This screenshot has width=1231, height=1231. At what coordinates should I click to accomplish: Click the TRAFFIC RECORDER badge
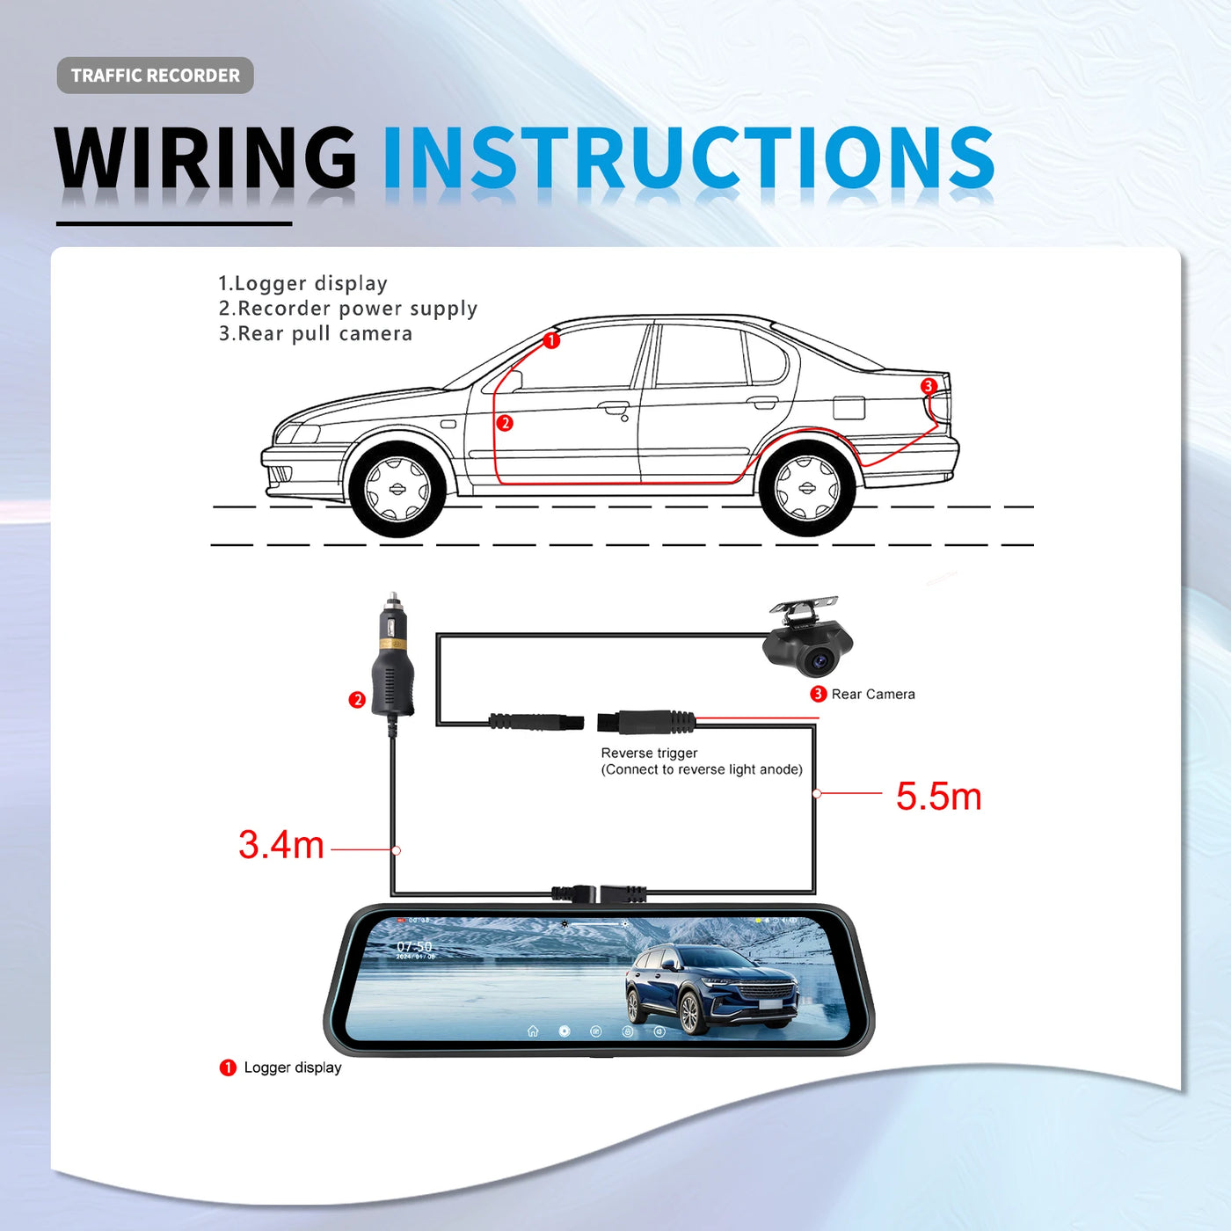coord(155,76)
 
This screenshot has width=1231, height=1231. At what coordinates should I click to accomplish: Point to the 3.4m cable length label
coord(281,845)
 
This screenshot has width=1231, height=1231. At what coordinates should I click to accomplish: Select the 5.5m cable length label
coord(938,797)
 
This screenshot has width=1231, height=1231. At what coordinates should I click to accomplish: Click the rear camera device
coord(807,640)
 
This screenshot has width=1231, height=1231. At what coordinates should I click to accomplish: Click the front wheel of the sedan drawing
coord(397,489)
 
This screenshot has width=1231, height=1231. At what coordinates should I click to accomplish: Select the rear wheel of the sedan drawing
coord(806,488)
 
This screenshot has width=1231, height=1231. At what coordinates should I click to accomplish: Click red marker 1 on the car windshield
coord(551,340)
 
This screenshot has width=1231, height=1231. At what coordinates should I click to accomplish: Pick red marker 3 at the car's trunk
coord(929,386)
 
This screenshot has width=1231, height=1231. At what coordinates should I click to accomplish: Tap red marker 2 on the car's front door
coord(505,423)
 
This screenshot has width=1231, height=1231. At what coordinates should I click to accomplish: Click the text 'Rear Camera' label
coord(873,695)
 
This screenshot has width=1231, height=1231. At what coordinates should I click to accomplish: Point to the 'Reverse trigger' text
coord(649,754)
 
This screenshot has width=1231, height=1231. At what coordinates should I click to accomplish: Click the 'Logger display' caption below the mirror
coord(293,1067)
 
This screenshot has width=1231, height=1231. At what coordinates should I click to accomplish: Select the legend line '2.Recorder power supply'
coord(348,309)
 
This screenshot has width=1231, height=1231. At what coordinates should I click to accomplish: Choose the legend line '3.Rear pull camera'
coord(316,334)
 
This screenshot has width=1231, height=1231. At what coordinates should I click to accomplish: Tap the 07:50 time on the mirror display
coord(414,947)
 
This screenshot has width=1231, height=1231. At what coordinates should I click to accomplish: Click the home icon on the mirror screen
coord(533,1031)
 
